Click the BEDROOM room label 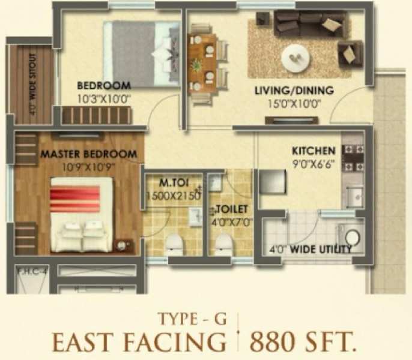[104, 86]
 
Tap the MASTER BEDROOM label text [88, 154]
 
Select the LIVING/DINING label [294, 91]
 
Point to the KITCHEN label [314, 151]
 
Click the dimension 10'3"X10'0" [104, 99]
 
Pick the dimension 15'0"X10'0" [294, 104]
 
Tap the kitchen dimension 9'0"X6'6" [314, 164]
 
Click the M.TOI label [174, 183]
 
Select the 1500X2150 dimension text [174, 196]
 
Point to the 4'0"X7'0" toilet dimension [232, 223]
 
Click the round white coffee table [295, 58]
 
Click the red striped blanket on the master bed [75, 197]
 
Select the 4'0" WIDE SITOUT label [32, 84]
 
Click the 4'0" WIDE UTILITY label [311, 249]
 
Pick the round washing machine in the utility [353, 238]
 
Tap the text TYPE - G [192, 319]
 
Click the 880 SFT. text [301, 341]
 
